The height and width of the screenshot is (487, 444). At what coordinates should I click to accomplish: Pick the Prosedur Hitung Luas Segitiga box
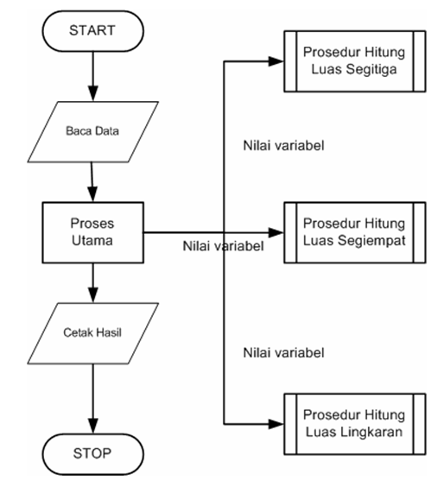click(x=355, y=61)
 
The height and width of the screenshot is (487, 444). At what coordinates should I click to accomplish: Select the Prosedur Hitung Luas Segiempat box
click(x=355, y=231)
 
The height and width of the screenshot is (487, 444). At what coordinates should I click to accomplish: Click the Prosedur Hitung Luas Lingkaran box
click(x=355, y=423)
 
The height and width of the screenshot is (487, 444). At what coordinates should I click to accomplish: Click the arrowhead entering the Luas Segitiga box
click(x=276, y=62)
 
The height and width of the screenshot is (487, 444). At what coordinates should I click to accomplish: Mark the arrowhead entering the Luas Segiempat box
click(x=276, y=232)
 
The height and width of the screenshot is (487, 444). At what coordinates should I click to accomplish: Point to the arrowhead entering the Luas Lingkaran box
click(x=276, y=423)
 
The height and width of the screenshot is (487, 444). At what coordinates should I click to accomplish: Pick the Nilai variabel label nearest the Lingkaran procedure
click(x=283, y=352)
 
